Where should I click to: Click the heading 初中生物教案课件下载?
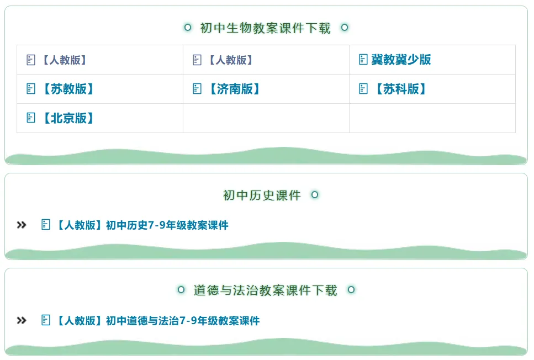(x=265, y=28)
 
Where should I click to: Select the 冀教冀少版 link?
(x=401, y=60)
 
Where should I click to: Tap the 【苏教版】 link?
(x=67, y=89)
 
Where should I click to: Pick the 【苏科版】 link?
(x=400, y=89)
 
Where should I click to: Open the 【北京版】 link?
(x=67, y=118)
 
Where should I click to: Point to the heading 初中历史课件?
(x=262, y=195)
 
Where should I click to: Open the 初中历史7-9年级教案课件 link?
(x=141, y=225)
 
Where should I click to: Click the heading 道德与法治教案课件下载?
(x=265, y=290)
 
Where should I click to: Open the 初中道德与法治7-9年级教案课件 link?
(x=157, y=321)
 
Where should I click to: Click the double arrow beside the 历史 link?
(x=22, y=225)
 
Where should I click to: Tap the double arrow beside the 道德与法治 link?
(x=22, y=321)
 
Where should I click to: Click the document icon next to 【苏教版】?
(x=31, y=89)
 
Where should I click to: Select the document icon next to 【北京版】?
(x=31, y=118)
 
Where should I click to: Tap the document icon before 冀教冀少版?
(x=363, y=60)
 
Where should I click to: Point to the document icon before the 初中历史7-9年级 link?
(x=46, y=225)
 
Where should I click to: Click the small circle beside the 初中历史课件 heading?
(x=315, y=195)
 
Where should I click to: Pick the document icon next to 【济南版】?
(x=197, y=89)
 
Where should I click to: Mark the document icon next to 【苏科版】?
(x=363, y=89)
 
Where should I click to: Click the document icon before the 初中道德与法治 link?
(x=46, y=320)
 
